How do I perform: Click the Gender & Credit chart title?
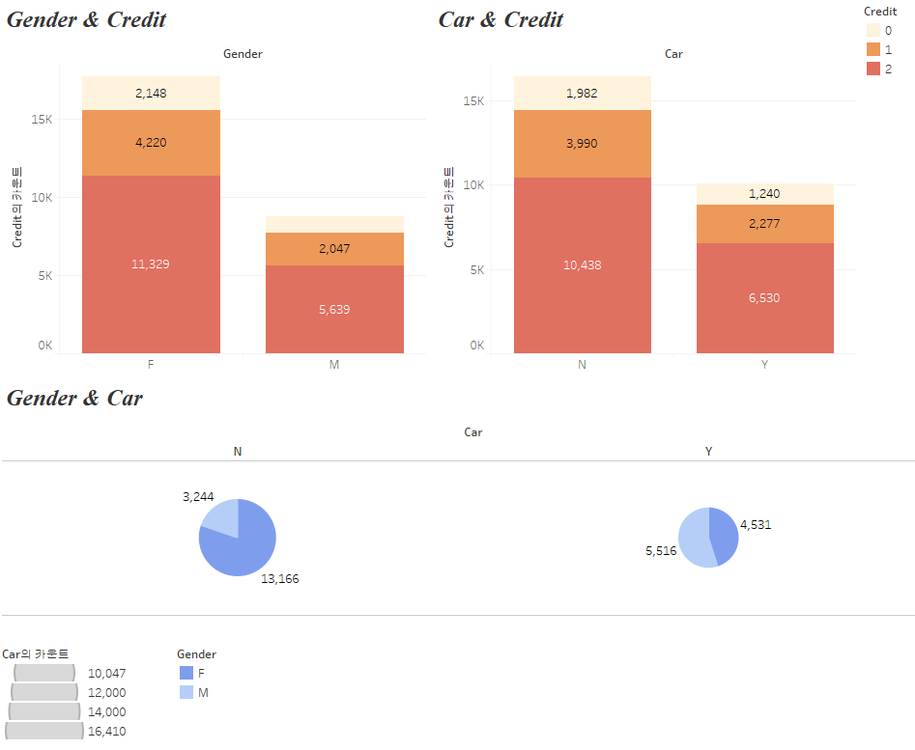tap(86, 20)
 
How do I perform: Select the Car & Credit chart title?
tap(500, 20)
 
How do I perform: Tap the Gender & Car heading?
tap(74, 398)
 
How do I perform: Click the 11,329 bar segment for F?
tap(151, 264)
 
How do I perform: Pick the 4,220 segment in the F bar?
tap(151, 143)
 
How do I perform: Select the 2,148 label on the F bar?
tap(151, 94)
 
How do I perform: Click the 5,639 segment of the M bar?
tap(333, 309)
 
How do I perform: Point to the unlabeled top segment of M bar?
tap(333, 224)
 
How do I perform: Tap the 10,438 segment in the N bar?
tap(582, 264)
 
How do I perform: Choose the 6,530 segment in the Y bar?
tap(764, 298)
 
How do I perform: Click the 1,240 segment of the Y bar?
tap(764, 193)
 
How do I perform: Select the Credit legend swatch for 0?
tap(872, 30)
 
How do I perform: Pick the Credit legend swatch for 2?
tap(872, 69)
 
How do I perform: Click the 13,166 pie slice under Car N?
tap(241, 550)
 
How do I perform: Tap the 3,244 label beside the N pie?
tap(198, 497)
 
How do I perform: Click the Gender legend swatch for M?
tap(186, 692)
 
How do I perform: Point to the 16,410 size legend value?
tap(106, 732)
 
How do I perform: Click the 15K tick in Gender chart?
tap(40, 120)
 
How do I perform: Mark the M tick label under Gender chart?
tap(333, 365)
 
